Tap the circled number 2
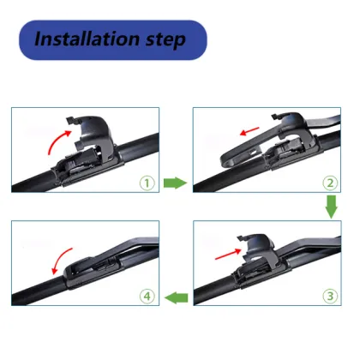(327, 182)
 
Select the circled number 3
(327, 296)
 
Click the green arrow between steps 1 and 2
(175, 182)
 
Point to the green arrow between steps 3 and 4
(176, 297)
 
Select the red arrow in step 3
(219, 251)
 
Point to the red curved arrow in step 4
(59, 261)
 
